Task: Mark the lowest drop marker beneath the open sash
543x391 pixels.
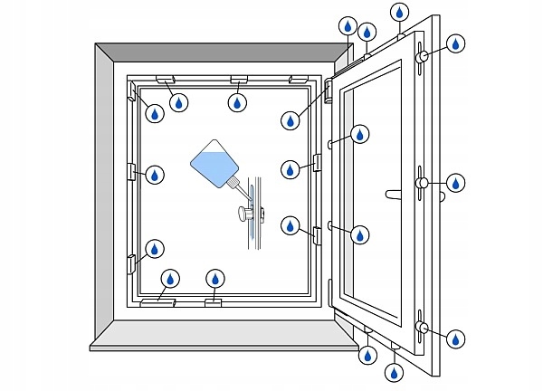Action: click(395, 371)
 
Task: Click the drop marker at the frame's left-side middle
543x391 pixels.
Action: click(156, 175)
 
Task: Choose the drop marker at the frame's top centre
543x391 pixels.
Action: click(237, 102)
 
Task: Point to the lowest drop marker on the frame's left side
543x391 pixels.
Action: click(156, 248)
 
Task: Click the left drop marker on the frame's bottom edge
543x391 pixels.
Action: click(169, 279)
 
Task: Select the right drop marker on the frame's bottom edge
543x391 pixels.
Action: click(214, 279)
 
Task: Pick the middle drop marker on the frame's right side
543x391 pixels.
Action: click(291, 169)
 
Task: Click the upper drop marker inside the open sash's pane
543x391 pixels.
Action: click(360, 135)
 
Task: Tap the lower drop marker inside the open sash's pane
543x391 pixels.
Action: click(360, 234)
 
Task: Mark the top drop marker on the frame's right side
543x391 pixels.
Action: click(291, 119)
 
